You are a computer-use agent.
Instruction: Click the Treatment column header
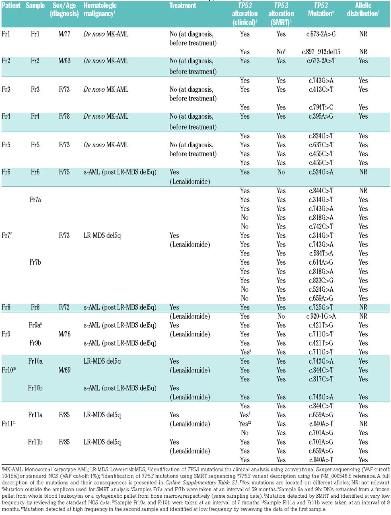click(x=183, y=6)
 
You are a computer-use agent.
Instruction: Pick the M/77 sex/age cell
click(x=64, y=34)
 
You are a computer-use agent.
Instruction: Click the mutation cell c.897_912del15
click(x=321, y=51)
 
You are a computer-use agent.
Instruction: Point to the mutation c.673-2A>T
click(x=321, y=61)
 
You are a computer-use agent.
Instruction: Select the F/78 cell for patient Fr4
click(x=64, y=116)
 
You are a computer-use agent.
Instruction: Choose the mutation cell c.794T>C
click(x=321, y=107)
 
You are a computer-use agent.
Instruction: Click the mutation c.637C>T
click(x=321, y=145)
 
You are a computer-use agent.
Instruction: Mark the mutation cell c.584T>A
click(x=321, y=253)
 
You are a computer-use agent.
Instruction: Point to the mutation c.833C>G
click(x=321, y=280)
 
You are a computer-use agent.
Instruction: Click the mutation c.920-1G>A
click(x=321, y=316)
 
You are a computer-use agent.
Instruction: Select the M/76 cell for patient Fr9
click(x=64, y=334)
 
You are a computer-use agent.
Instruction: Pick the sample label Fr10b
click(x=35, y=388)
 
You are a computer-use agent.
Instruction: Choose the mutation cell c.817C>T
click(x=321, y=379)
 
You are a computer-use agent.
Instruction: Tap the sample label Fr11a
click(x=35, y=415)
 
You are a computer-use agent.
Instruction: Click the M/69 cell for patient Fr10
click(x=64, y=370)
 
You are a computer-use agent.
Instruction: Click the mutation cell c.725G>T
click(x=321, y=307)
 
